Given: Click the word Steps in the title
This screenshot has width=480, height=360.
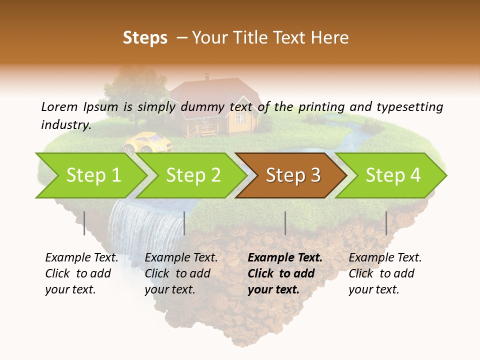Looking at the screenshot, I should coord(145,38).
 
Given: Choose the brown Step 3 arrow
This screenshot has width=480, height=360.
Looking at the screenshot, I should coord(293,175).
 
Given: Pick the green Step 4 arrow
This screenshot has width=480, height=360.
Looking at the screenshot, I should coord(393,175).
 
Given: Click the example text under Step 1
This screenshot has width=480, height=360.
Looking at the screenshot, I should coord(81,273).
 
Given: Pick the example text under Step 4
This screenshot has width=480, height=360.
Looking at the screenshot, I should coord(385,273).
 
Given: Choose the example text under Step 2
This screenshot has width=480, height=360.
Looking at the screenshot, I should coord(181,273).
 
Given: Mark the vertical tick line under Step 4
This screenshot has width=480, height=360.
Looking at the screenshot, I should coord(386,223).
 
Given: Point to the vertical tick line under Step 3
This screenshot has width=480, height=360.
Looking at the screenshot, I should coord(285,223).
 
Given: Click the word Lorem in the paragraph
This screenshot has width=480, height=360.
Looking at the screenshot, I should coord(59,106).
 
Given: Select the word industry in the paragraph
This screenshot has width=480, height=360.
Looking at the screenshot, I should coord(65,124).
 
